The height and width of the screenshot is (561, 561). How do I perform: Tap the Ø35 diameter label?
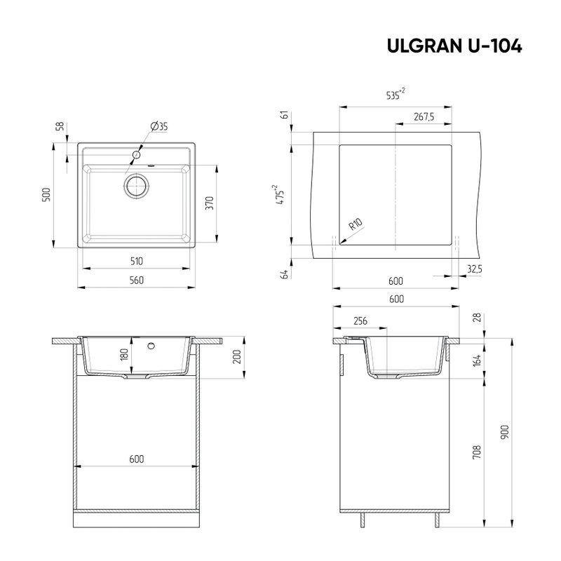click(x=159, y=126)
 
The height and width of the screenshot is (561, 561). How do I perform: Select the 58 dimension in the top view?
click(x=60, y=126)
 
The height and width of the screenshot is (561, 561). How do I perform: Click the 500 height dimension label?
click(x=46, y=195)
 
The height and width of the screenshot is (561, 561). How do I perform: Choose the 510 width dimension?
click(x=136, y=262)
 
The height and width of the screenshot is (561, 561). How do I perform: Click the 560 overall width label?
click(x=136, y=280)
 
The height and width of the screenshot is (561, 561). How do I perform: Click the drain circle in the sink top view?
click(x=137, y=186)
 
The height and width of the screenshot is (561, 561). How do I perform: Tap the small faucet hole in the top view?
click(x=137, y=153)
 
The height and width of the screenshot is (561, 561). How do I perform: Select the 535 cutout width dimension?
click(x=396, y=97)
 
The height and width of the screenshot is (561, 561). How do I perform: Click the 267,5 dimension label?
click(x=424, y=117)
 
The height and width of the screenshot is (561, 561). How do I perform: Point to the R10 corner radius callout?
click(x=355, y=227)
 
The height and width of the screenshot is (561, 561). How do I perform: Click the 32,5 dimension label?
click(x=474, y=268)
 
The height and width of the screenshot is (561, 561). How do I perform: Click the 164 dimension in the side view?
click(x=478, y=361)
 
